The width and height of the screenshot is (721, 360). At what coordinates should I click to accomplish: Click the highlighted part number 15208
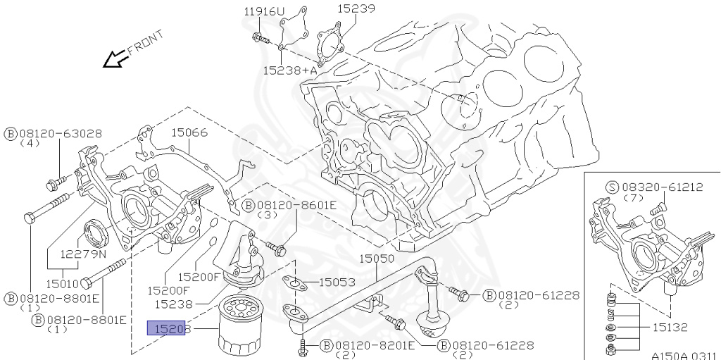pyautogui.click(x=165, y=328)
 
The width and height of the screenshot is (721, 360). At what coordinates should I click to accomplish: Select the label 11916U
pyautogui.click(x=265, y=11)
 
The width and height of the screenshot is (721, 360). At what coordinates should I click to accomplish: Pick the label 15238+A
pyautogui.click(x=289, y=70)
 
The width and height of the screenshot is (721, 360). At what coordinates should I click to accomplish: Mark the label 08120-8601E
pyautogui.click(x=297, y=205)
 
